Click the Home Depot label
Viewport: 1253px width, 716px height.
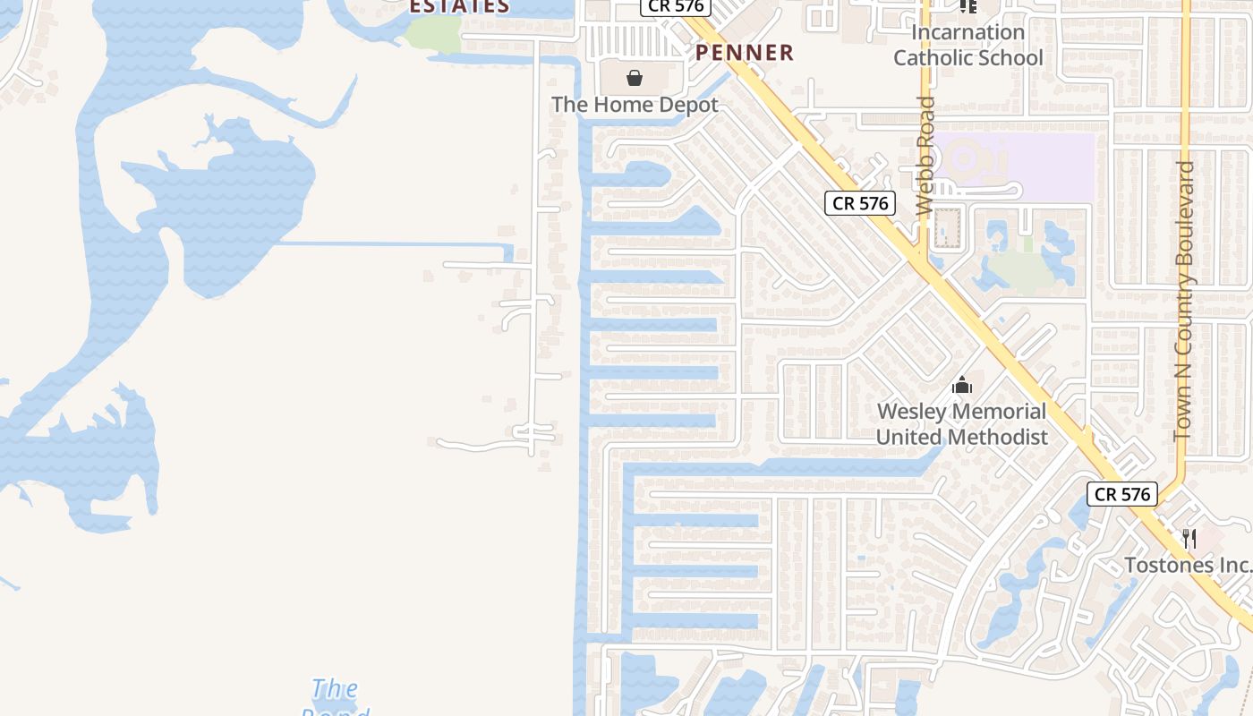pyautogui.click(x=635, y=105)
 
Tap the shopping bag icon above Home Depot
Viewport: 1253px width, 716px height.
pyautogui.click(x=635, y=79)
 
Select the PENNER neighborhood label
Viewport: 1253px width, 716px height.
pyautogui.click(x=745, y=53)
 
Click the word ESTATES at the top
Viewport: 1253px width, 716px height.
pyautogui.click(x=459, y=7)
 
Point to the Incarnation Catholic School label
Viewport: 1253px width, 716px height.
pyautogui.click(x=967, y=45)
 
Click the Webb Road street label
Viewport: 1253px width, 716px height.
pyautogui.click(x=925, y=156)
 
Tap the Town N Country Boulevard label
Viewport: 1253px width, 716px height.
pyautogui.click(x=1185, y=301)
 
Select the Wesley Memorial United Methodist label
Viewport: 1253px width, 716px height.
pyautogui.click(x=961, y=424)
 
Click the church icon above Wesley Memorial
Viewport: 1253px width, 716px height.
pyautogui.click(x=962, y=386)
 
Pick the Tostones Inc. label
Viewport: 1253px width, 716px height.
pyautogui.click(x=1187, y=566)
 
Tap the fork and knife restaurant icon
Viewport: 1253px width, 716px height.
pyautogui.click(x=1189, y=538)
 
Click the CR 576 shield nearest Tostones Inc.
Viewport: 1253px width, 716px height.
pyautogui.click(x=1122, y=494)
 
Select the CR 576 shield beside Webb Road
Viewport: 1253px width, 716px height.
pyautogui.click(x=860, y=203)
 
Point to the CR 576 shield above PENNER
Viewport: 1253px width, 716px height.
pyautogui.click(x=675, y=6)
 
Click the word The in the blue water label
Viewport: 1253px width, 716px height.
pyautogui.click(x=335, y=689)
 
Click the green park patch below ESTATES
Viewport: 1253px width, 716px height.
pyautogui.click(x=433, y=34)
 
